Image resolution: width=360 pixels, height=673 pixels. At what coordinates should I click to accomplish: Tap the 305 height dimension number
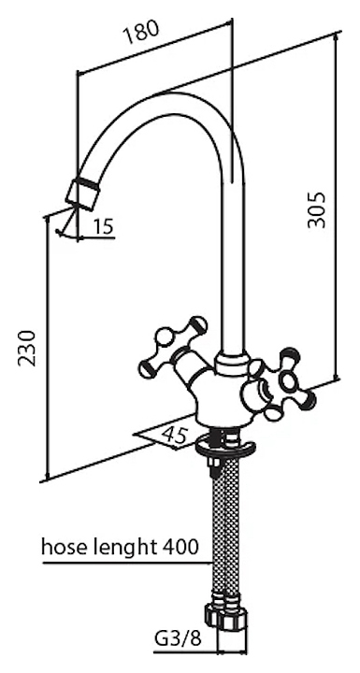coord(318,210)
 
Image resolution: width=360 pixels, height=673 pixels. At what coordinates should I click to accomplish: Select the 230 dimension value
coord(26,348)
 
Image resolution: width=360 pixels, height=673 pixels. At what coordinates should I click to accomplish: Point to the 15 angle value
coord(102,226)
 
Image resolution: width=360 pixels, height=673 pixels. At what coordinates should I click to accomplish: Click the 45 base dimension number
coord(175,436)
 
